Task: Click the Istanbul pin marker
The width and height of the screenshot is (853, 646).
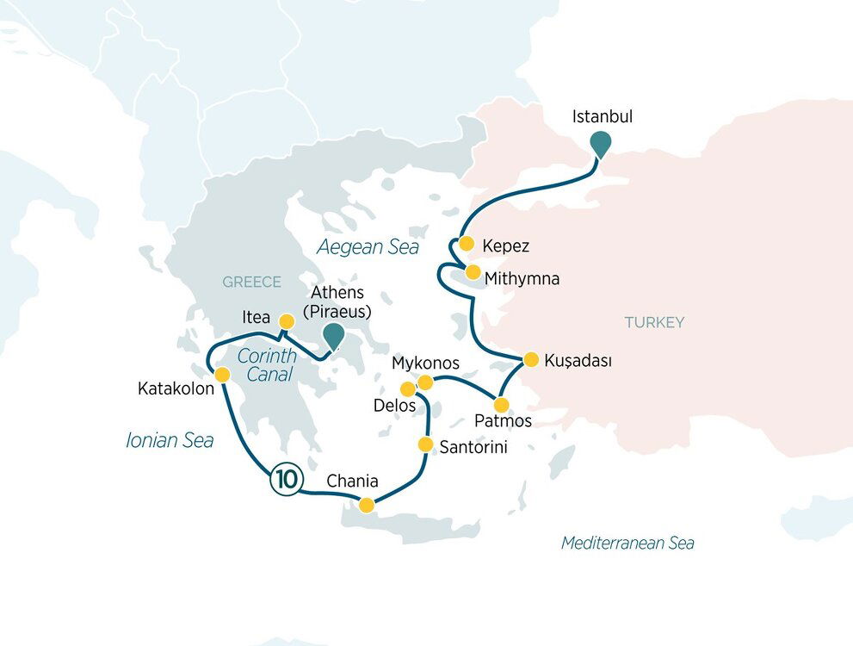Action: point(601,144)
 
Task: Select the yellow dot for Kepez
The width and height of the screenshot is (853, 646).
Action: point(466,244)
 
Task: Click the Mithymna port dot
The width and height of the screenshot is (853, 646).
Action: point(473,272)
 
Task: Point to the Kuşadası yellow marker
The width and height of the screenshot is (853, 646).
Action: point(531,359)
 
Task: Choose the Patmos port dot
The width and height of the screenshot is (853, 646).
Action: point(501,404)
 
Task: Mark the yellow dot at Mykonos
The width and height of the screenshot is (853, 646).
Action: point(425,382)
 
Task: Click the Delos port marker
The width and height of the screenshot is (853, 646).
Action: point(408,389)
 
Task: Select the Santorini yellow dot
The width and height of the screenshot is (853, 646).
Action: point(425,444)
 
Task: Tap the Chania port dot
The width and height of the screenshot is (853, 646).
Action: point(367,505)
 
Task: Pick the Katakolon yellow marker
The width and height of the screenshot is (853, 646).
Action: point(222,375)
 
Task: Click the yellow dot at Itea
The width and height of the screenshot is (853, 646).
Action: point(287,320)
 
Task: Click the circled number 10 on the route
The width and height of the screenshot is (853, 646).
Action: point(284,479)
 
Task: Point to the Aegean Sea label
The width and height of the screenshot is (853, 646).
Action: point(368,248)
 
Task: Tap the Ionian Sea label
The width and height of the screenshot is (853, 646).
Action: point(170,440)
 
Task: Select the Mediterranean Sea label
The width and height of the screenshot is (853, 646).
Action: point(627,543)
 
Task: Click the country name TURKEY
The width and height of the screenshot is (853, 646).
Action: point(654,322)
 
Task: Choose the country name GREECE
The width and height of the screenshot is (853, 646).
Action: point(252,282)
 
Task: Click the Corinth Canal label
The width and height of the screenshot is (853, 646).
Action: point(267,364)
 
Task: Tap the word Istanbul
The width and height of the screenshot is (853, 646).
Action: point(603,116)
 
